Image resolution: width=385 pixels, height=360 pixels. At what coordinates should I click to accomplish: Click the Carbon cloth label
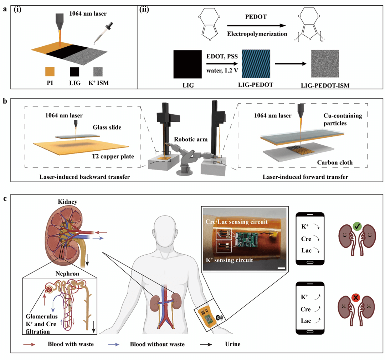pos(335,162)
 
